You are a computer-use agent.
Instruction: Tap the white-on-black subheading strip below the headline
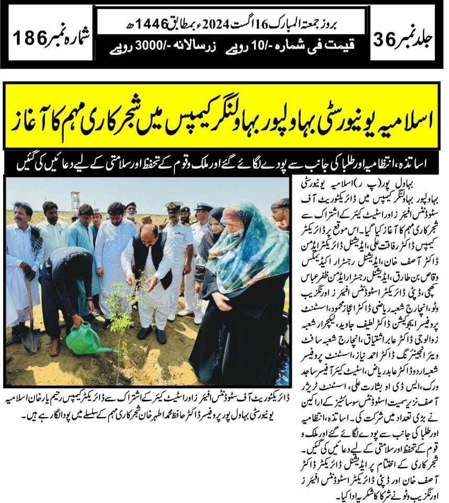point(224,164)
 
